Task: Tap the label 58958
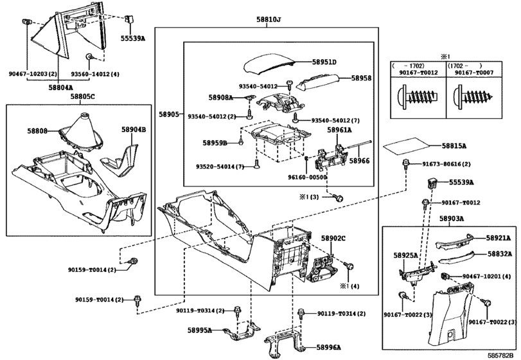(x=360, y=78)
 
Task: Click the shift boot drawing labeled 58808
(x=82, y=131)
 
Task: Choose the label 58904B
(x=134, y=129)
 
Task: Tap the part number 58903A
(x=452, y=219)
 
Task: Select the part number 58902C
(x=333, y=238)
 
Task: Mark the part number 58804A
(x=60, y=87)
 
